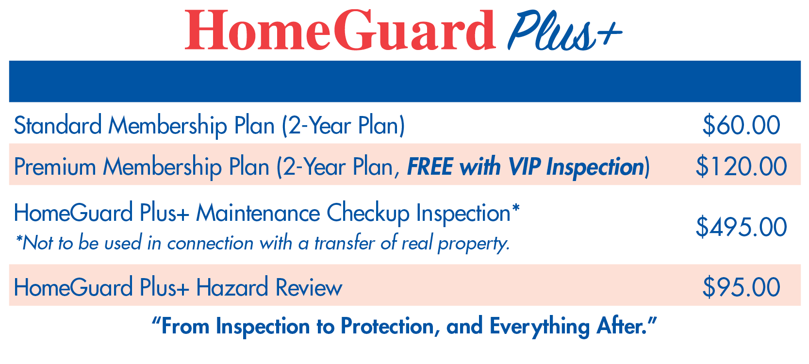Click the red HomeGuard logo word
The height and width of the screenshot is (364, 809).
tap(340, 30)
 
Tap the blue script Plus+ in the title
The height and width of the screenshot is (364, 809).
tap(564, 31)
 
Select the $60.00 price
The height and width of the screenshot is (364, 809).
tap(741, 125)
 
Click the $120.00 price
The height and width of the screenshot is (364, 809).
tap(741, 166)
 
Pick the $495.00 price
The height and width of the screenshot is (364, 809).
tap(741, 227)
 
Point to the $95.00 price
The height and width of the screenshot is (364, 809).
tap(741, 287)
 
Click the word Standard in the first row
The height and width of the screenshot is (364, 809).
tap(58, 125)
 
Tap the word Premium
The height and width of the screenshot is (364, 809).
tap(55, 167)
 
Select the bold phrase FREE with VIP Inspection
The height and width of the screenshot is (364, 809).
tap(526, 167)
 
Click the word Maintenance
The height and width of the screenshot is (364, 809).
tap(258, 213)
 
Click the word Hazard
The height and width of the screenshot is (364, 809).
tap(232, 287)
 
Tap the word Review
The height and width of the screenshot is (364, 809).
tap(309, 287)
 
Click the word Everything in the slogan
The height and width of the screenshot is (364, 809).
tap(540, 327)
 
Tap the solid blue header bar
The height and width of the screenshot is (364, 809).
tap(405, 81)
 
